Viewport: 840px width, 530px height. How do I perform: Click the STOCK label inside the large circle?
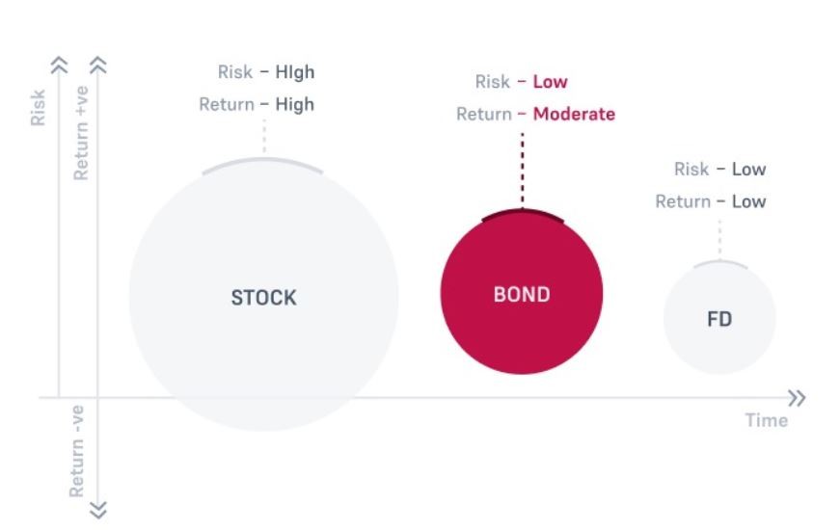tap(263, 298)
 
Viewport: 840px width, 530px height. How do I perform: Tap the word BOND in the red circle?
tap(522, 295)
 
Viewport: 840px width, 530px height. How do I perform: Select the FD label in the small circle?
tap(719, 319)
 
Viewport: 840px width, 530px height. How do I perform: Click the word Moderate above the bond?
tap(574, 114)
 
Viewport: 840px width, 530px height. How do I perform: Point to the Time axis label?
tap(767, 420)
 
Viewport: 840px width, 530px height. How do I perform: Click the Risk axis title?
tap(38, 108)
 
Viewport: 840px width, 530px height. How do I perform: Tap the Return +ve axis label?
tap(80, 133)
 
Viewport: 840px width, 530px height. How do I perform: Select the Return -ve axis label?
tap(76, 451)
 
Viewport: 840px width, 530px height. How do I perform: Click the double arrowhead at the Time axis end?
tap(798, 398)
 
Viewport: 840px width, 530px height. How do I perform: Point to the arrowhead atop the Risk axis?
tap(59, 66)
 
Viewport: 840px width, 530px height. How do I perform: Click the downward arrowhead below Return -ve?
tap(98, 510)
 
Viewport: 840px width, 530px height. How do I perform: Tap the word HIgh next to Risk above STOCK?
tap(295, 72)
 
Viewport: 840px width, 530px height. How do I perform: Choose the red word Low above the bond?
tap(550, 82)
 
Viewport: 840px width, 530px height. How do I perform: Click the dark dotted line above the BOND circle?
tap(523, 170)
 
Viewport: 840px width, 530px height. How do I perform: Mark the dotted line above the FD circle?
tap(719, 238)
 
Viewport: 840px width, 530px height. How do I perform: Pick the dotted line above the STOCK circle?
tap(264, 136)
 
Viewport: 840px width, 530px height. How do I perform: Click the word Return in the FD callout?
tap(683, 201)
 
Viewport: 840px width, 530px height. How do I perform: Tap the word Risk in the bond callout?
tap(492, 82)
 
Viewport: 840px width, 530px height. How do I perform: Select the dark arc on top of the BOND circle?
tap(523, 212)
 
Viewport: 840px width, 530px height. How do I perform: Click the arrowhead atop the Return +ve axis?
tap(98, 66)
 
